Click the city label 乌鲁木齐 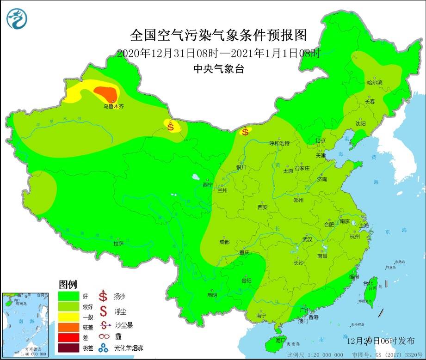[x=113, y=106]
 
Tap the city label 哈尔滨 [x=375, y=83]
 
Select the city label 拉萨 [x=119, y=243]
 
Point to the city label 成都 [x=224, y=242]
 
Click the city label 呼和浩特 [x=279, y=143]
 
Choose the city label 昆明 [x=212, y=294]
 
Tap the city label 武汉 [x=307, y=239]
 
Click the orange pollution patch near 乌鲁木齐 [x=105, y=94]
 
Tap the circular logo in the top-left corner [x=17, y=18]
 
